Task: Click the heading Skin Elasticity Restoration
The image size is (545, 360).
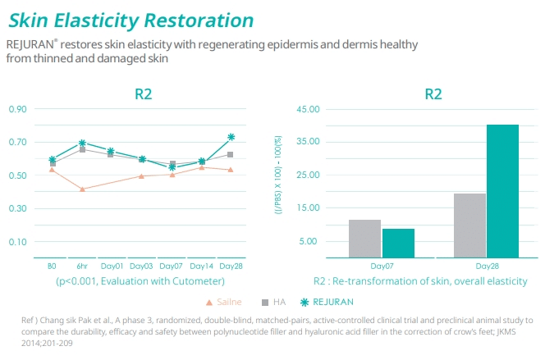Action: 131,19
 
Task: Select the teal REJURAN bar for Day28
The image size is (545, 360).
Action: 502,190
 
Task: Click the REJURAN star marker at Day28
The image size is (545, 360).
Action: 231,138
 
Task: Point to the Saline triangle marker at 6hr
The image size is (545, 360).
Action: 82,189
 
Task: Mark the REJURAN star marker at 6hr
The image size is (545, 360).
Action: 82,144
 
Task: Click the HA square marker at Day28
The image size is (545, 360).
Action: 231,154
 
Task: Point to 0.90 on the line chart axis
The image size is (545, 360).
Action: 18,109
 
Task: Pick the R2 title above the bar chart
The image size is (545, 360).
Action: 433,93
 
